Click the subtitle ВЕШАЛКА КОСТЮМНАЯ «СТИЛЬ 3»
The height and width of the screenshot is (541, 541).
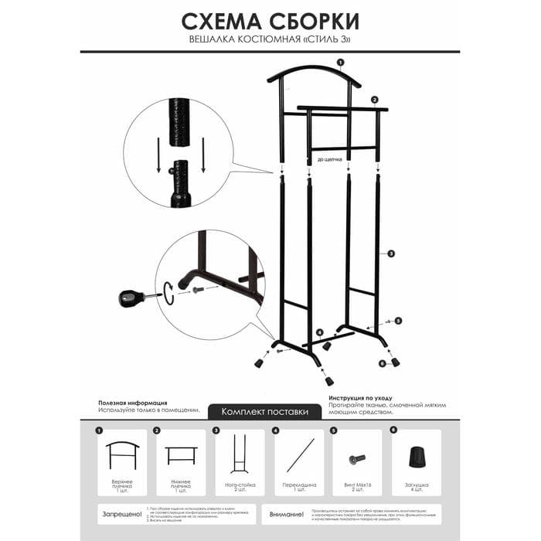(270, 39)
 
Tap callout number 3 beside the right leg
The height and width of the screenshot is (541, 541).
(391, 253)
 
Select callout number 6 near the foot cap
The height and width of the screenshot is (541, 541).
(382, 362)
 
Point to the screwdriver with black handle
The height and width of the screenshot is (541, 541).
(131, 297)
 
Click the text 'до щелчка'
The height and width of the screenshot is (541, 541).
(330, 161)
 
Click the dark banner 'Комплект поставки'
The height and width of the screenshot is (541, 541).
(265, 412)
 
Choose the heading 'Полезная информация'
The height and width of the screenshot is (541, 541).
(133, 403)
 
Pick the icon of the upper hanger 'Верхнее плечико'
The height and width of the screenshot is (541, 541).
(122, 458)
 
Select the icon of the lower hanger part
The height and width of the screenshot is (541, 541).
(182, 455)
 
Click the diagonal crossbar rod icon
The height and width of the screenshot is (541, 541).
(300, 455)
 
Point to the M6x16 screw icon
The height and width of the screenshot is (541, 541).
(357, 459)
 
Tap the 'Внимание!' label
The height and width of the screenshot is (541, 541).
(288, 513)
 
